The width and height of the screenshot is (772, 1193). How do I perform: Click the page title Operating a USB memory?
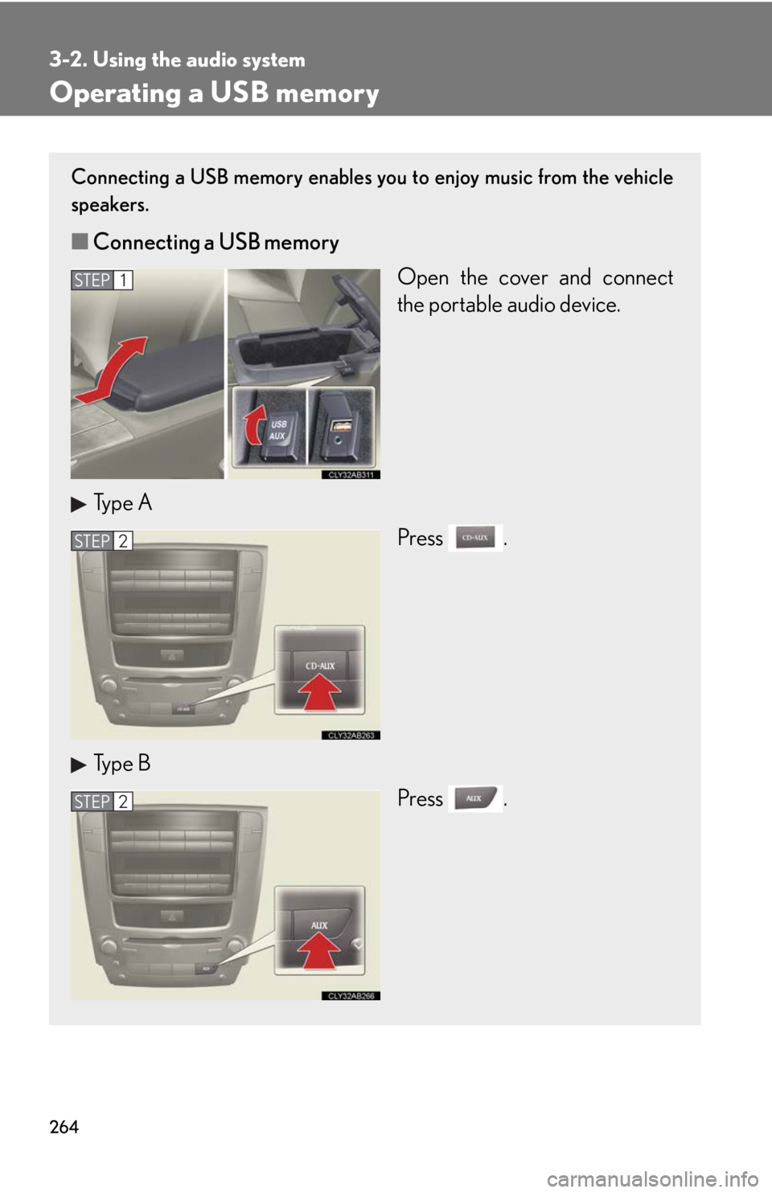pyautogui.click(x=214, y=93)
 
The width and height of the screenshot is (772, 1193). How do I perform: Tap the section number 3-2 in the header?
pyautogui.click(x=67, y=60)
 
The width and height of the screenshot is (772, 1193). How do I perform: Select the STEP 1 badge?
pyautogui.click(x=101, y=280)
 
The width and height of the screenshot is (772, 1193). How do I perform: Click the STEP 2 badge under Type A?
pyautogui.click(x=101, y=541)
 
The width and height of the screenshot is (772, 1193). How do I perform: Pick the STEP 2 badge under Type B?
pyautogui.click(x=101, y=801)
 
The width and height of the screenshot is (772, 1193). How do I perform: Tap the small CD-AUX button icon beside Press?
pyautogui.click(x=474, y=537)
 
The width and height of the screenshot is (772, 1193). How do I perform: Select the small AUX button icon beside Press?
pyautogui.click(x=474, y=797)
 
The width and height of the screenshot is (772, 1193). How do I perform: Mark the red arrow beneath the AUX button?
pyautogui.click(x=320, y=953)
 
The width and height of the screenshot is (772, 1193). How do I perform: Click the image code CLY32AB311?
pyautogui.click(x=351, y=475)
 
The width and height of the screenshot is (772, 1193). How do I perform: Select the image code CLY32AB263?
pyautogui.click(x=351, y=736)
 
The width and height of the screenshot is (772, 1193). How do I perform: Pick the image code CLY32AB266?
pyautogui.click(x=351, y=996)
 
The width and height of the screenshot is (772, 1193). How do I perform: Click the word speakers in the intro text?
pyautogui.click(x=109, y=205)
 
